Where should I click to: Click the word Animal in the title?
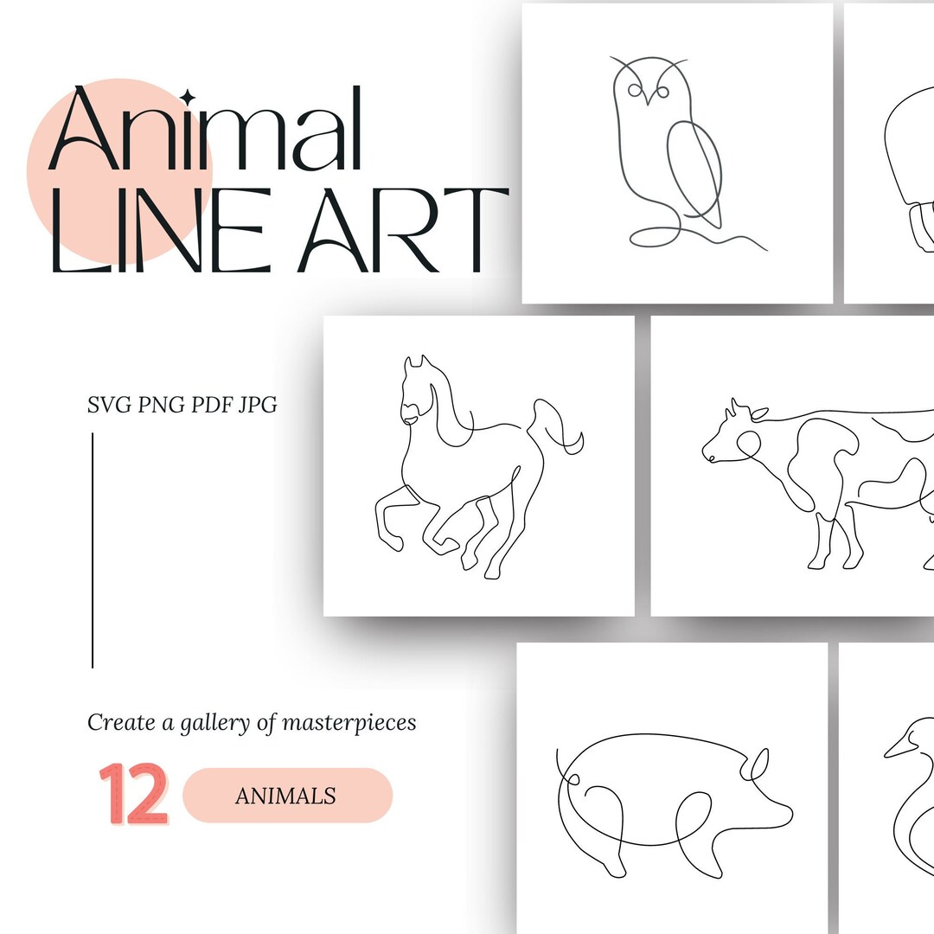click(208, 130)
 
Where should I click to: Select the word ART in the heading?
click(403, 232)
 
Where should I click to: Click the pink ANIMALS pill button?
click(287, 795)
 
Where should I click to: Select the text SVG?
click(110, 404)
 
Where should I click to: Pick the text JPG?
click(256, 404)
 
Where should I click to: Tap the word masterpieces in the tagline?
click(352, 722)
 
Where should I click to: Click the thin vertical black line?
click(93, 550)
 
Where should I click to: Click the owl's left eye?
click(637, 90)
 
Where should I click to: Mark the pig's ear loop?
click(758, 764)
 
